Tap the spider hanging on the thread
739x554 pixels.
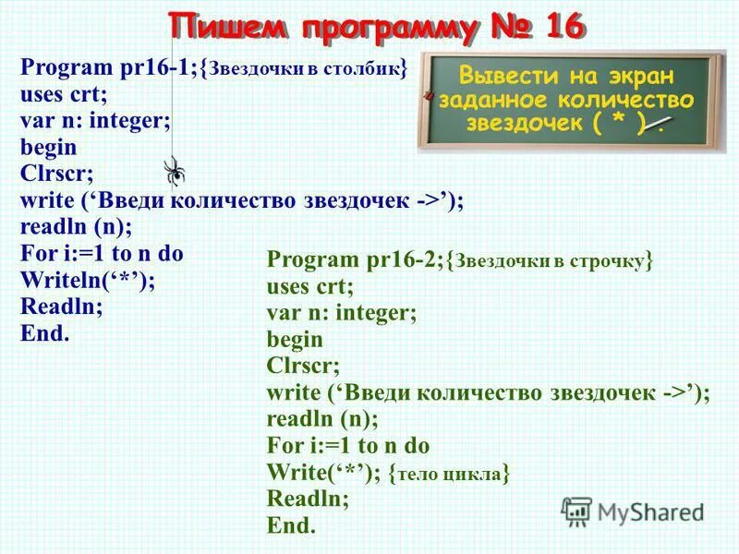click(x=174, y=170)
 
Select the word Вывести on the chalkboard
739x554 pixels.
click(x=506, y=75)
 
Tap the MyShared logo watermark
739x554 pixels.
click(x=633, y=512)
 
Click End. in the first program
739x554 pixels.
click(x=44, y=333)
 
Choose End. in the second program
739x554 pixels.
click(x=291, y=526)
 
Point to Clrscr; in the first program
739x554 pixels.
click(x=56, y=174)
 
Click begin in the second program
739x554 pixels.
click(x=295, y=340)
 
